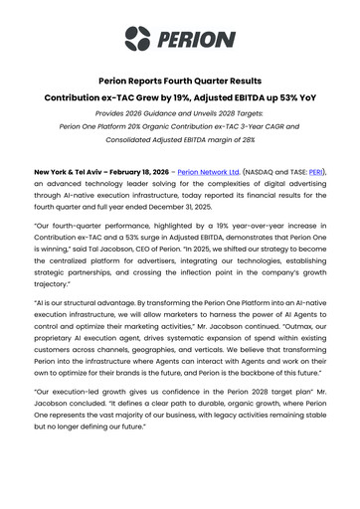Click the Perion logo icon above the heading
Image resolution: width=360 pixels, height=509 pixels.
tap(135, 39)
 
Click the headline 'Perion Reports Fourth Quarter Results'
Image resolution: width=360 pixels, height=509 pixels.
tap(179, 81)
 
